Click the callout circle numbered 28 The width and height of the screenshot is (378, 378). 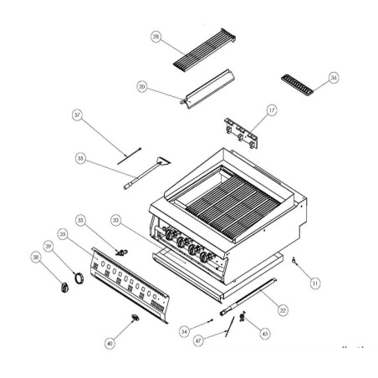coord(156,37)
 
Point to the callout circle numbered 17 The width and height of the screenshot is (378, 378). coord(273,110)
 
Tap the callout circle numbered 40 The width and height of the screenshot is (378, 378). coord(109,343)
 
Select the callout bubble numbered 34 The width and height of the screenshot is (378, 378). coord(185,330)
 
